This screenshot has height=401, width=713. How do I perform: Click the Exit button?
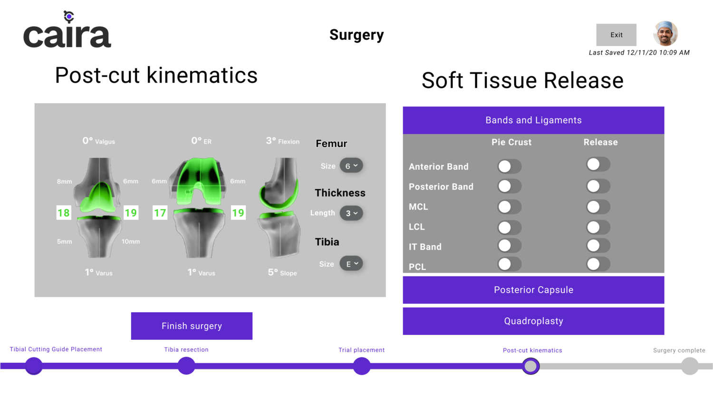616,35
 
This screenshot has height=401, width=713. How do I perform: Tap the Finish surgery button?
192,326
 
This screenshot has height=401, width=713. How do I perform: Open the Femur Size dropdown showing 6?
351,166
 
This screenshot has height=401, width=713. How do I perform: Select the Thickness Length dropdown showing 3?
351,213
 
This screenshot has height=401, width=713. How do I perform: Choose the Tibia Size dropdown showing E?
351,264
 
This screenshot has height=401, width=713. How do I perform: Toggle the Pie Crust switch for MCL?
509,207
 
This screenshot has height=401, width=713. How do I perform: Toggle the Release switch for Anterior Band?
598,164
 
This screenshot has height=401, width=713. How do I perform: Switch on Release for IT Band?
598,246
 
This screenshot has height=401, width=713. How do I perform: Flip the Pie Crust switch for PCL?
509,264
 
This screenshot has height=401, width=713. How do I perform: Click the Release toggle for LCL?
598,227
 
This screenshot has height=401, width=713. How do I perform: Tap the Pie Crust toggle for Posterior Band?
509,186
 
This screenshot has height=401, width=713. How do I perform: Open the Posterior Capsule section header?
533,290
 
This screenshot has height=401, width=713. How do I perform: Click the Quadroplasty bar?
533,321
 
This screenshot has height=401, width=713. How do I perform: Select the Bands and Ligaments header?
533,120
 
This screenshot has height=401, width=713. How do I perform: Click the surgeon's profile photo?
665,33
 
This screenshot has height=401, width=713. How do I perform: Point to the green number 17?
160,212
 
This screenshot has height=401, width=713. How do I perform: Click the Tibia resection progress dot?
186,366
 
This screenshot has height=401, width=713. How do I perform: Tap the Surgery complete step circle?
690,366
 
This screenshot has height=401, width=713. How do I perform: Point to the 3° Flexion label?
283,141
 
